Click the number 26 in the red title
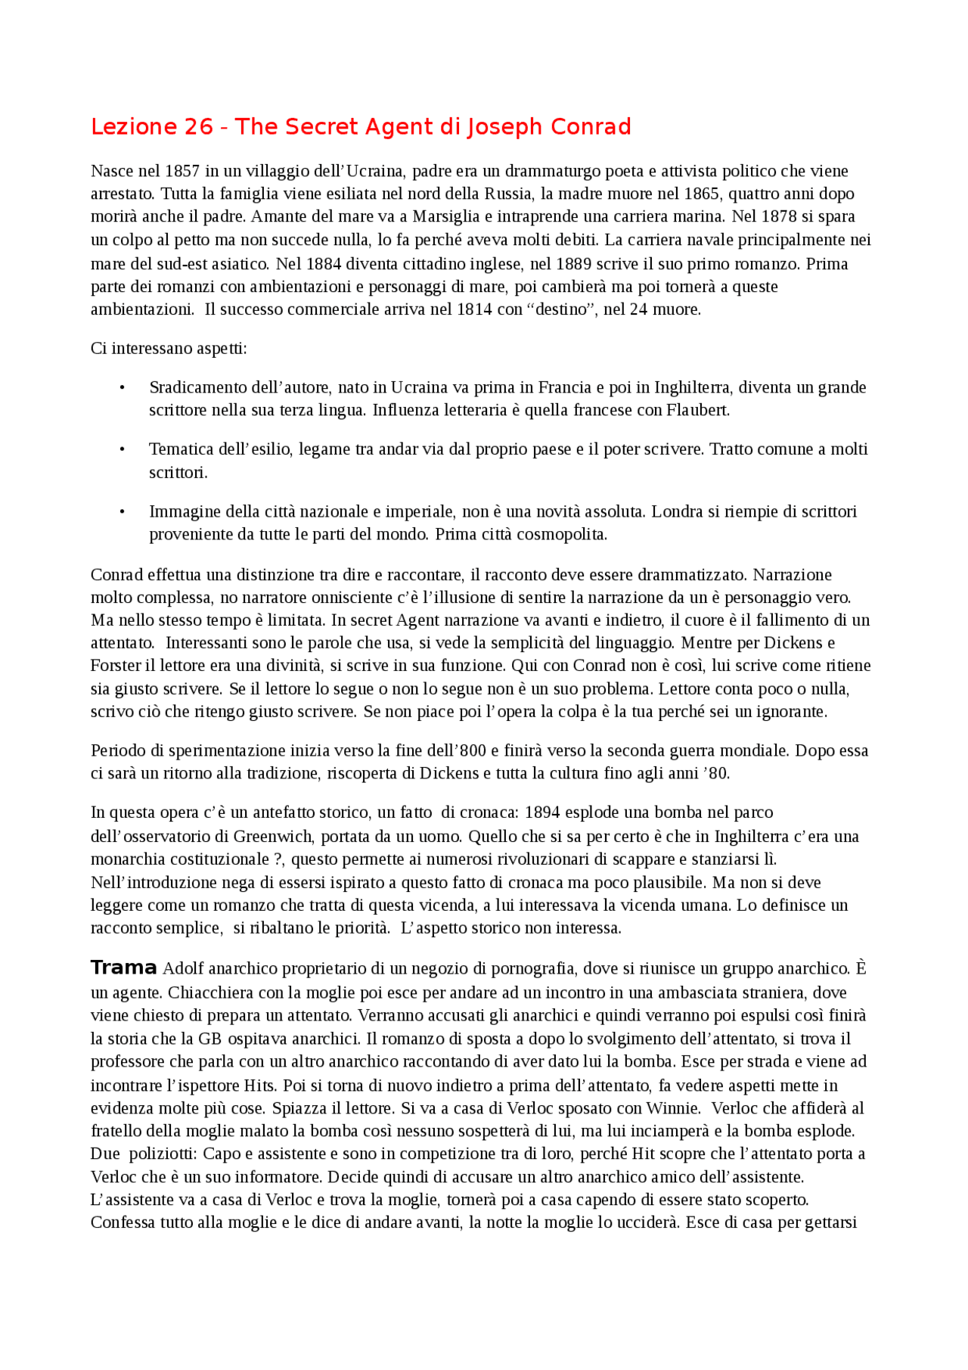pos(198,127)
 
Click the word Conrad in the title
pos(591,127)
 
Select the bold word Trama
pos(123,968)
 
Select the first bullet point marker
pos(122,388)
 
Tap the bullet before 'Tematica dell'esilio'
pos(122,450)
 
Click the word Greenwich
pos(272,837)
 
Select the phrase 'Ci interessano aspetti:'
pos(169,349)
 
